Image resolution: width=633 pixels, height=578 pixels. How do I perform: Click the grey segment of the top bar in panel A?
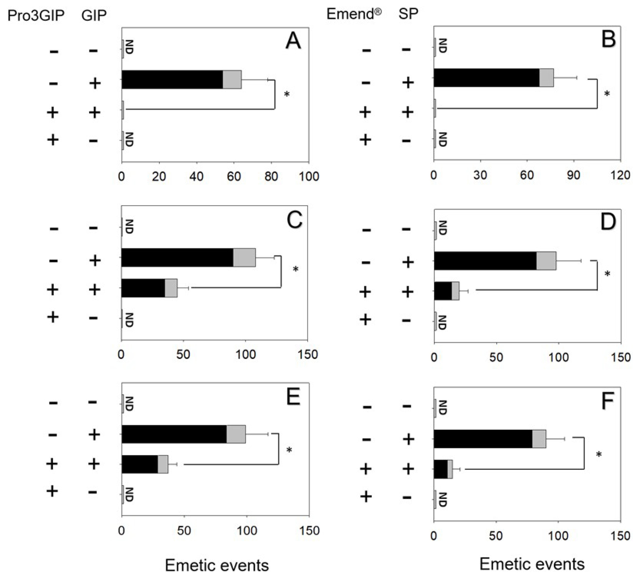point(232,79)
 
